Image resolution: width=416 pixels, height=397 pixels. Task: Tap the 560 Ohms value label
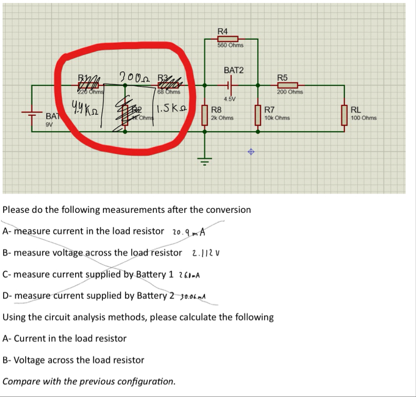point(230,46)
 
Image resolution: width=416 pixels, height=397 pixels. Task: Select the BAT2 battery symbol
point(230,84)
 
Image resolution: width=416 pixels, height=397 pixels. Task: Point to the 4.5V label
point(230,99)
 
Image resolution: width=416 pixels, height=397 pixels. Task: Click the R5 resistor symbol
point(287,85)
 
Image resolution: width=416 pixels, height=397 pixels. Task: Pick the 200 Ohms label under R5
point(289,92)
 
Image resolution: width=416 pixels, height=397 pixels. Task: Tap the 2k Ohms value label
point(222,118)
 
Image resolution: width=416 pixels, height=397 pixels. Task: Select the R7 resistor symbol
point(257,115)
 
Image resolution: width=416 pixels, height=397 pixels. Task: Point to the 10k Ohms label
point(277,118)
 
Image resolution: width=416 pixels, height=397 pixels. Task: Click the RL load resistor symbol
point(345,115)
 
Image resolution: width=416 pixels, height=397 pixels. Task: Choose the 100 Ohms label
point(363,118)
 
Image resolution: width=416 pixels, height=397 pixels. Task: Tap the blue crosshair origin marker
point(251,152)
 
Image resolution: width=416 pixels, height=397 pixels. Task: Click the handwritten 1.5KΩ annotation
point(173,111)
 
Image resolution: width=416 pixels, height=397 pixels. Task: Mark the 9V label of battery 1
point(49,125)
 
